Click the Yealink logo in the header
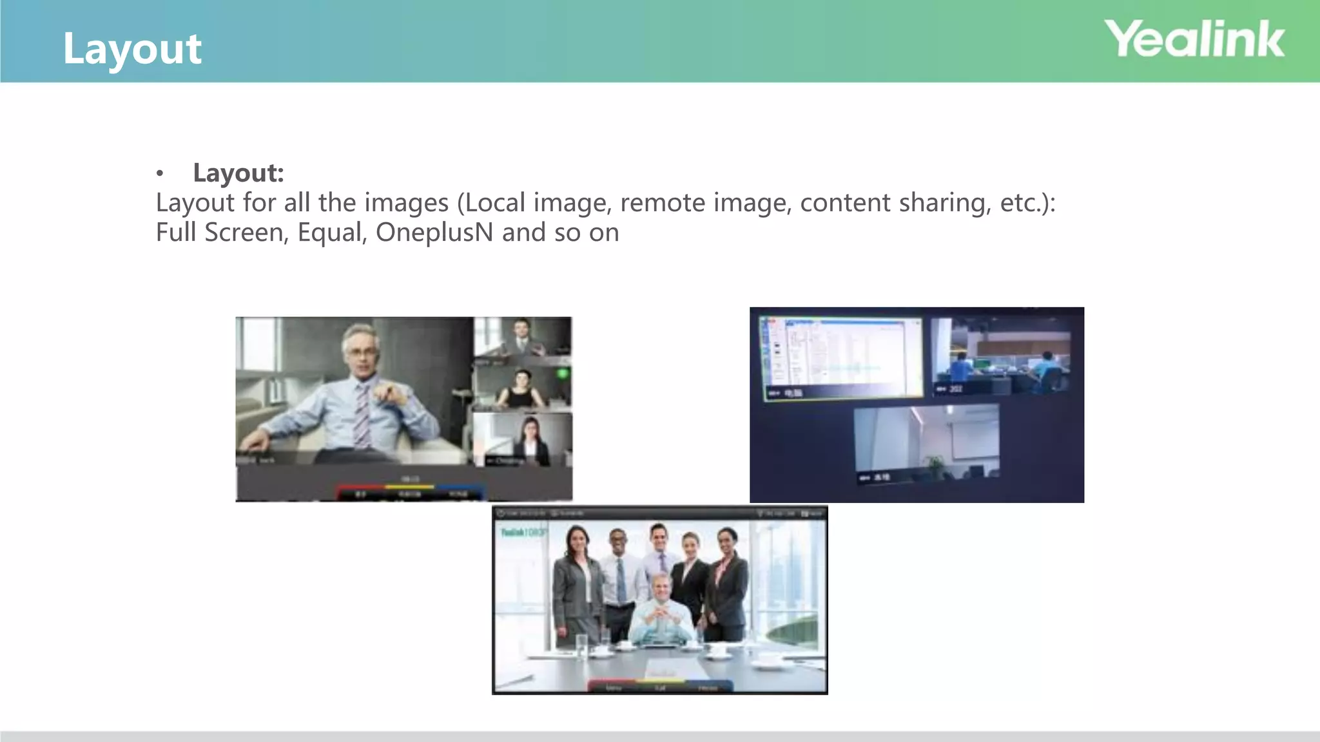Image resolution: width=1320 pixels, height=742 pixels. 1194,39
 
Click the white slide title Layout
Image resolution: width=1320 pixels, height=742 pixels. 132,49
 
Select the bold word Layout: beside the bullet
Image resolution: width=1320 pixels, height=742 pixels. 238,173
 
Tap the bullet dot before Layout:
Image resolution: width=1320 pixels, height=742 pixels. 160,173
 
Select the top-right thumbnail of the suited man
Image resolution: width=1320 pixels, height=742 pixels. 522,337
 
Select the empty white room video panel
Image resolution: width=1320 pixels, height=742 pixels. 926,443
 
